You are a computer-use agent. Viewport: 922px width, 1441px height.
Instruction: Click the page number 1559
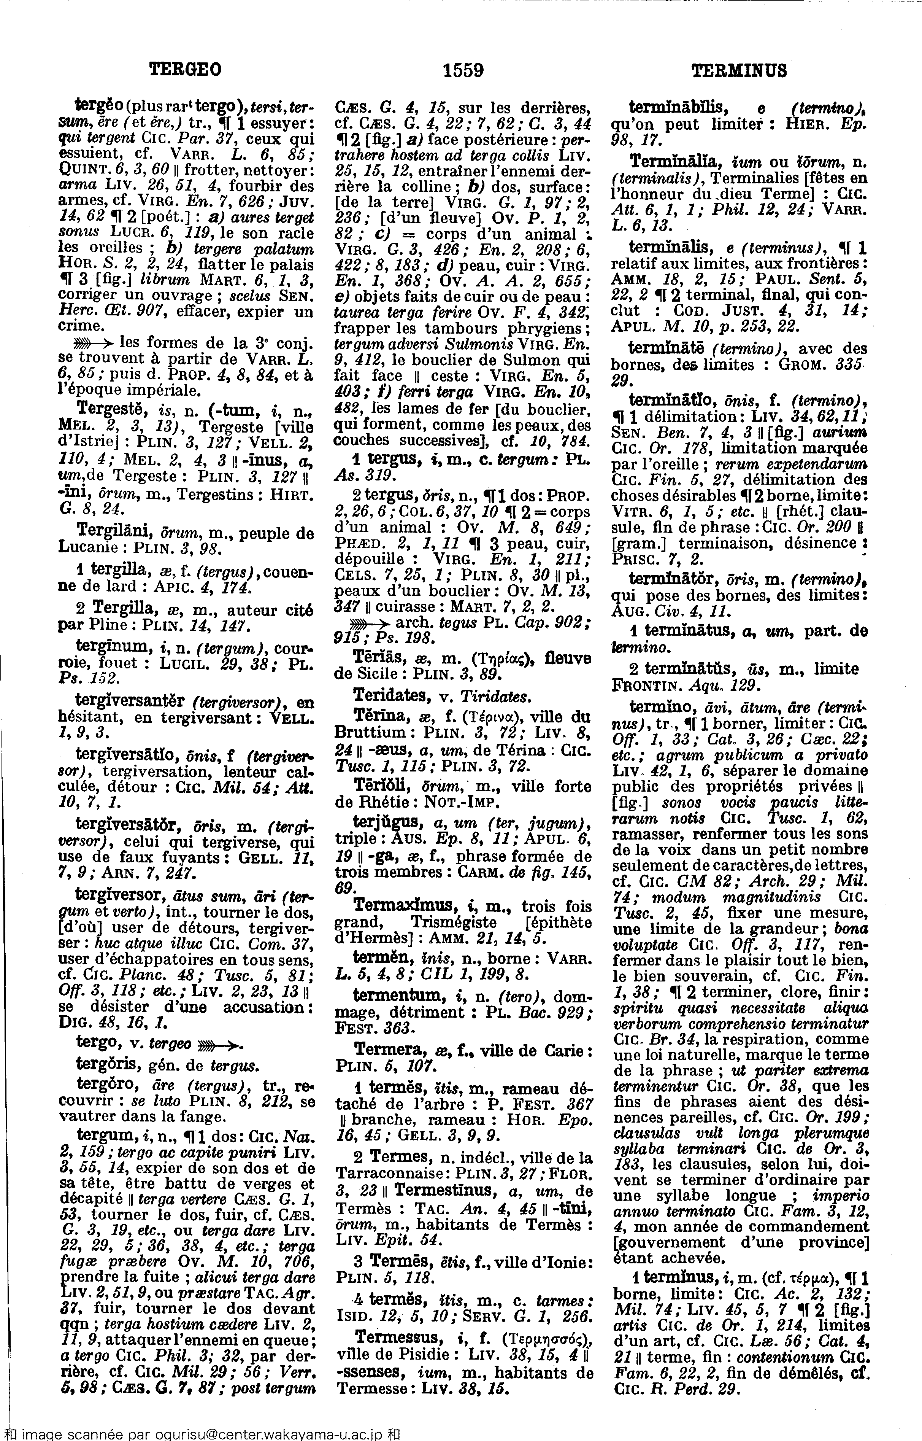[x=463, y=71]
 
